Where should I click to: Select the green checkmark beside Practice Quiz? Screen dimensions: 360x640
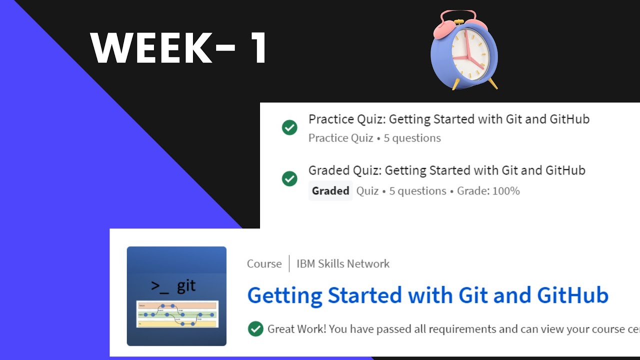pos(289,127)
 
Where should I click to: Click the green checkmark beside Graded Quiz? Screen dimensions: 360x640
pos(289,178)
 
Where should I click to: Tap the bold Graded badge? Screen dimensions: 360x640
pos(330,191)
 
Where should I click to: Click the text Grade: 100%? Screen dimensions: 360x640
pos(488,191)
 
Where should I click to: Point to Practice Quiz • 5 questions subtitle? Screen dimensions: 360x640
pos(374,138)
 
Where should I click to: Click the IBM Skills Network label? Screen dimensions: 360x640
pos(343,264)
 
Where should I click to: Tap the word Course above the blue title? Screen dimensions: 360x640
pos(264,264)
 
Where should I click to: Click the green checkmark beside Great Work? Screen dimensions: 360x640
pos(255,329)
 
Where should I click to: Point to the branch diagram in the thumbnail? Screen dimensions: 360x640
pos(176,314)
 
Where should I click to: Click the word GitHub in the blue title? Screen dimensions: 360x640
pos(572,295)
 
